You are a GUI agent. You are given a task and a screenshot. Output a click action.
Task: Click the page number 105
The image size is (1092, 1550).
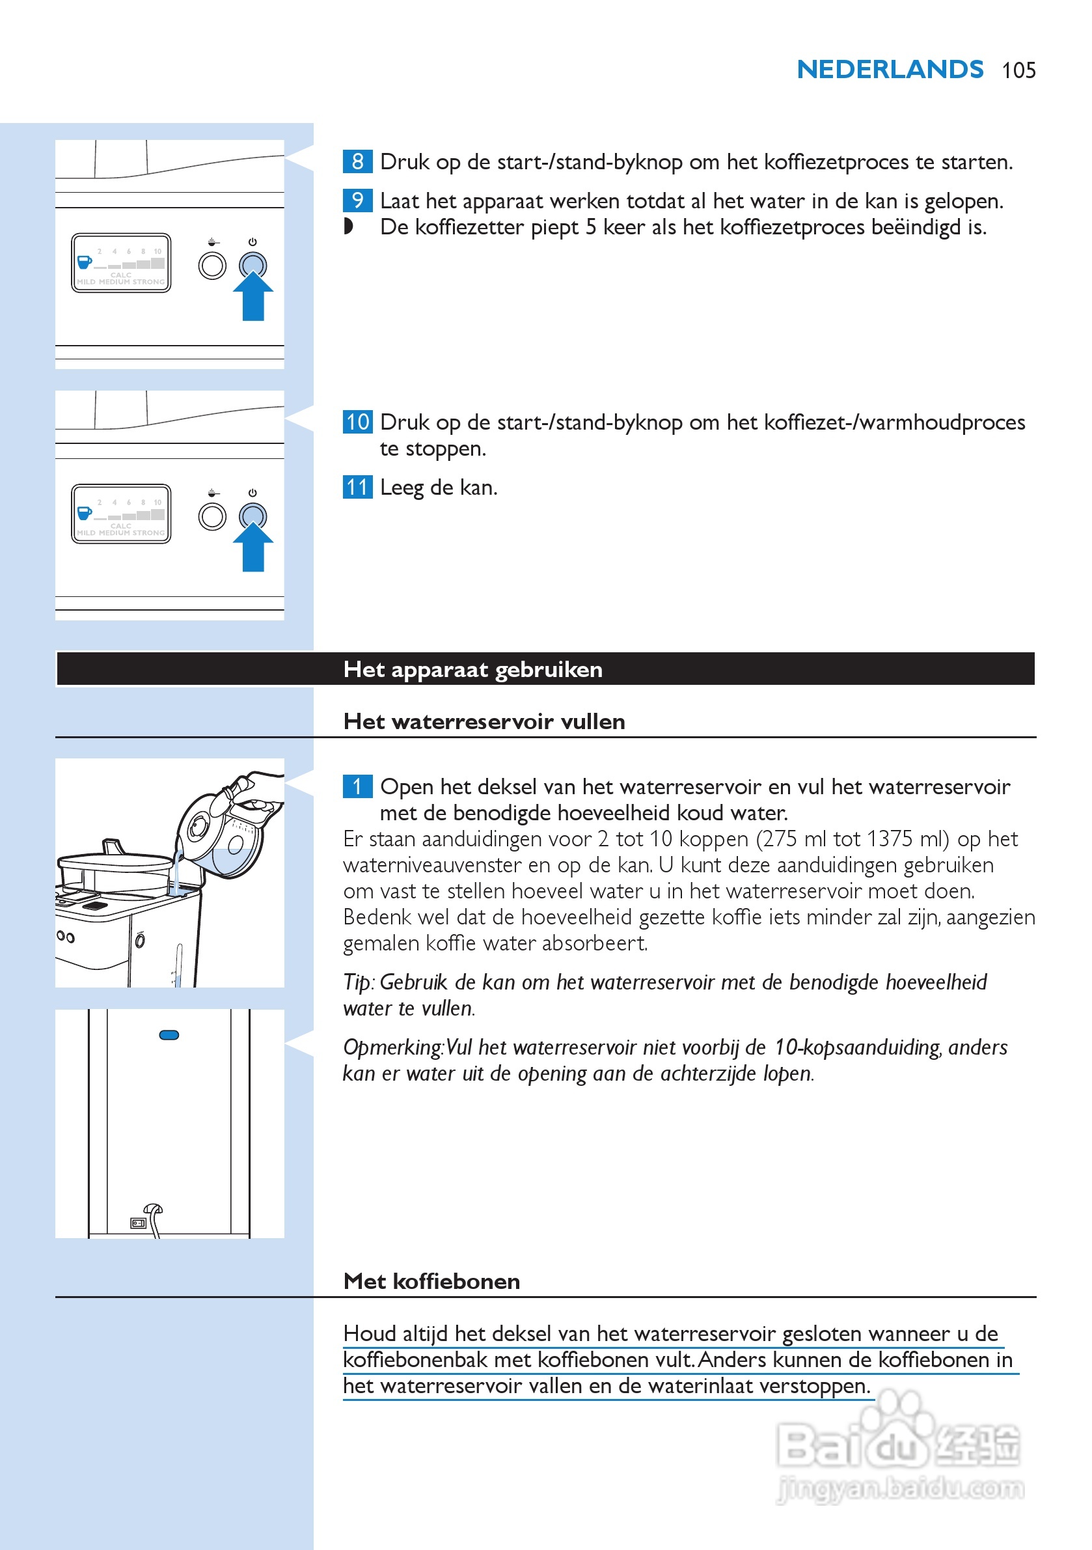pyautogui.click(x=1018, y=70)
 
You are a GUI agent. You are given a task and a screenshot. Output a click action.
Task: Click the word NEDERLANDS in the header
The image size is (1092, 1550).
pyautogui.click(x=890, y=70)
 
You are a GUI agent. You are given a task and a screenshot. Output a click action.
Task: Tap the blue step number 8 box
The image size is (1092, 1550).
pyautogui.click(x=357, y=161)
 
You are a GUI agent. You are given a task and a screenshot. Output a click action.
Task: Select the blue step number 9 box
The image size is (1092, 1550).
pyautogui.click(x=357, y=201)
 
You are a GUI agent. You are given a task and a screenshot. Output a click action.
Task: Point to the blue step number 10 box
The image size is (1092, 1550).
pyautogui.click(x=357, y=422)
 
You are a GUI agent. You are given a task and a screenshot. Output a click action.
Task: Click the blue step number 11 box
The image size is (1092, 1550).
pyautogui.click(x=357, y=487)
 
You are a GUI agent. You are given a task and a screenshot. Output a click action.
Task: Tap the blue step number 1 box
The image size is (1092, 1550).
pyautogui.click(x=357, y=786)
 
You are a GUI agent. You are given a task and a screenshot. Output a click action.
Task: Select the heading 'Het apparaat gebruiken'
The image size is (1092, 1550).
pyautogui.click(x=472, y=669)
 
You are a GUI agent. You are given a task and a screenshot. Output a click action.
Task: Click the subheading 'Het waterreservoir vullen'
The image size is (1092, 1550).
pyautogui.click(x=484, y=722)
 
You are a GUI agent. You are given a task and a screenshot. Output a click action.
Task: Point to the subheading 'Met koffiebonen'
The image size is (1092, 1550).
pyautogui.click(x=431, y=1281)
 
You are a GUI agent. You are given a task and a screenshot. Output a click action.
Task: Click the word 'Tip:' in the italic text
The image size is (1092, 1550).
pyautogui.click(x=359, y=982)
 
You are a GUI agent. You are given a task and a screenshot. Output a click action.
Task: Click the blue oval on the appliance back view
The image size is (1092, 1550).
pyautogui.click(x=169, y=1035)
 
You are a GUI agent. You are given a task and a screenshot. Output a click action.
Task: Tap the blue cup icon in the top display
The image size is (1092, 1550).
pyautogui.click(x=85, y=261)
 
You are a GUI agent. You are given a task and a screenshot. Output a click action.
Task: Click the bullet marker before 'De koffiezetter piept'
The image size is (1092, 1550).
pyautogui.click(x=348, y=226)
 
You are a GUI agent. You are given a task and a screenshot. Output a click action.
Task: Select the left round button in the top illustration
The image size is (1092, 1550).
pyautogui.click(x=212, y=266)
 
